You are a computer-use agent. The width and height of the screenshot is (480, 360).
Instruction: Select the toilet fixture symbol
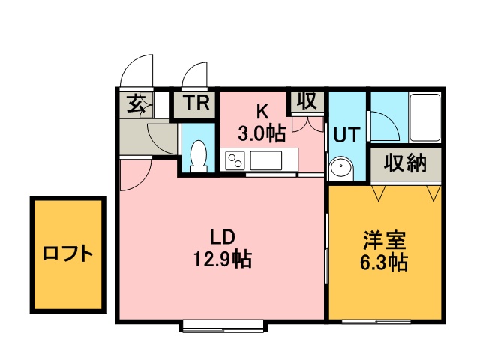pyautogui.click(x=199, y=156)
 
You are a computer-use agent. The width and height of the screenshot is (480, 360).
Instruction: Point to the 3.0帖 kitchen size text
pyautogui.click(x=262, y=134)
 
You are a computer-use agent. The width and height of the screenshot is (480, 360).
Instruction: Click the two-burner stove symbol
pyautogui.click(x=235, y=160)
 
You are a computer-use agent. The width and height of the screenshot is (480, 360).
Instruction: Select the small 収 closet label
pyautogui.click(x=306, y=100)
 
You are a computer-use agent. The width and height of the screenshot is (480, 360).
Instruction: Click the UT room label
pyautogui.click(x=346, y=135)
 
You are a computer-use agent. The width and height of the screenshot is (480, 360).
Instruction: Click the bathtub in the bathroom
pyautogui.click(x=426, y=117)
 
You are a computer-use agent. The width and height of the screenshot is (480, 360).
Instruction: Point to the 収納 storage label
pyautogui.click(x=404, y=163)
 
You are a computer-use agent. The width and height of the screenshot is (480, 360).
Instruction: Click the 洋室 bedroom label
pyautogui.click(x=385, y=241)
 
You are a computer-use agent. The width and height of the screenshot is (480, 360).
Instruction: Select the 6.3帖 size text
pyautogui.click(x=385, y=262)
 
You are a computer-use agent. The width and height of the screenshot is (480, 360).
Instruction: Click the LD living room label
pyautogui.click(x=221, y=238)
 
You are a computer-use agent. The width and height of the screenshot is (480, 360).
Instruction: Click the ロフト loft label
pyautogui.click(x=67, y=253)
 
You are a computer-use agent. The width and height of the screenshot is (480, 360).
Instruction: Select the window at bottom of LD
pyautogui.click(x=223, y=325)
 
